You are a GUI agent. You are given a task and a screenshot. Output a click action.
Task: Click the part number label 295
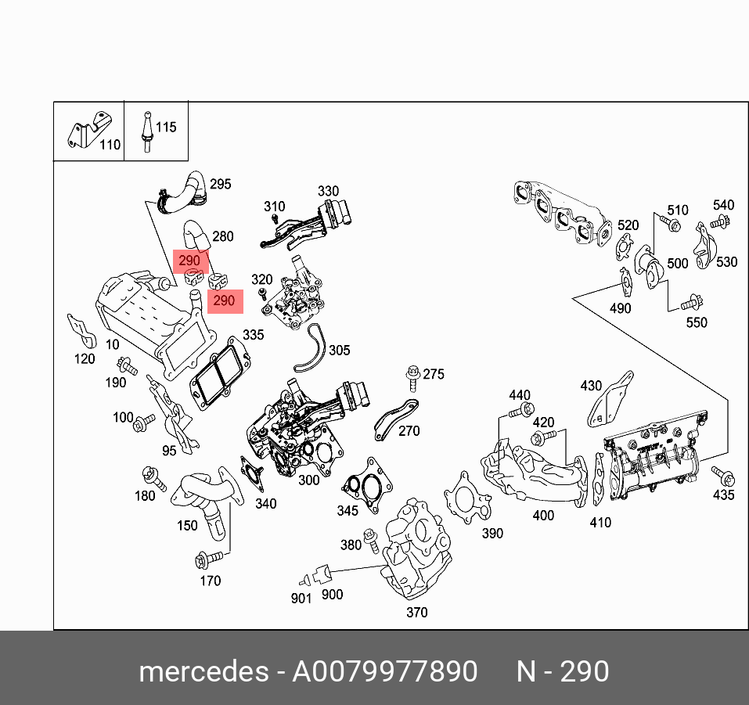coord(221,184)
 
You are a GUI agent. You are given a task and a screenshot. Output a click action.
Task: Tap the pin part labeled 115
coord(145,130)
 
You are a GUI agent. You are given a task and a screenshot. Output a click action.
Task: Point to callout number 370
coord(417,613)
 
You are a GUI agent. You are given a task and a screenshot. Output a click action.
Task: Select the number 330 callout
coord(328,191)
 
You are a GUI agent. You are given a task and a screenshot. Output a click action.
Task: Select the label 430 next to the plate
coord(591,386)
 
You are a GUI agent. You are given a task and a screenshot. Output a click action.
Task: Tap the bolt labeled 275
coord(412,377)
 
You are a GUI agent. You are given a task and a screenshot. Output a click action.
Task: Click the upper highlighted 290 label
coord(190,260)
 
